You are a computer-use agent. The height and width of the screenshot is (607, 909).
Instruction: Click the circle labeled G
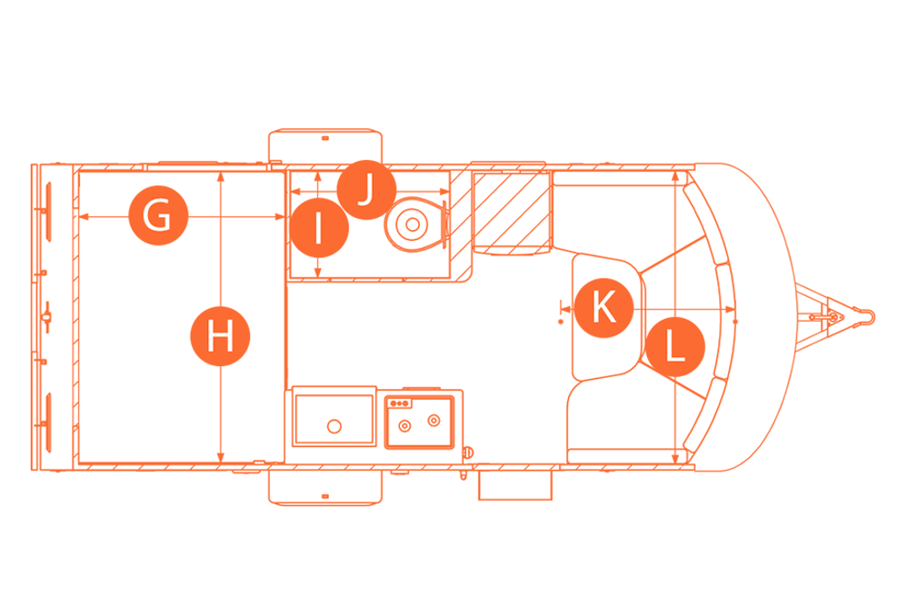(x=158, y=215)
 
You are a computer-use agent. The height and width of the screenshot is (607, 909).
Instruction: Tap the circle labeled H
(x=220, y=336)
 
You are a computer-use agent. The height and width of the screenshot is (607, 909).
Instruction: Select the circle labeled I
(x=319, y=228)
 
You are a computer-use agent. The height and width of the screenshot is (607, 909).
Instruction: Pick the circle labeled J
(x=366, y=190)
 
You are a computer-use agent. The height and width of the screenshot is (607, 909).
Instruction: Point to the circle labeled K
(x=604, y=307)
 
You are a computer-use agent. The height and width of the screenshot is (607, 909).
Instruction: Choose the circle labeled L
(x=674, y=347)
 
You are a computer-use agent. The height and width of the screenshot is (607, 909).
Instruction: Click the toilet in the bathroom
(x=416, y=224)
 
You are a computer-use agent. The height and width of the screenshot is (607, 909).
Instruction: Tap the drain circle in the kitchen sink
(x=334, y=426)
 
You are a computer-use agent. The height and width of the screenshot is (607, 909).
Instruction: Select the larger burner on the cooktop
(x=433, y=420)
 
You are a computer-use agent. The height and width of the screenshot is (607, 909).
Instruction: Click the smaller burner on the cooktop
(x=405, y=427)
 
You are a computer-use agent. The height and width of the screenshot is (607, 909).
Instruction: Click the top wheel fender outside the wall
(x=325, y=146)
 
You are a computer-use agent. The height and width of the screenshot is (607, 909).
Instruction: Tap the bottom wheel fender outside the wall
(x=325, y=488)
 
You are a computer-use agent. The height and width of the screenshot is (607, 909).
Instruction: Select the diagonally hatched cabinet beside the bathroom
(x=511, y=214)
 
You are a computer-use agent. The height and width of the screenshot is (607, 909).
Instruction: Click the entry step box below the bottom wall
(x=515, y=484)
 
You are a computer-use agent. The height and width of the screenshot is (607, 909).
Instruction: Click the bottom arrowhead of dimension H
(x=220, y=458)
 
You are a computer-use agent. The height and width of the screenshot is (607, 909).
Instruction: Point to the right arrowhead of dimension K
(x=731, y=310)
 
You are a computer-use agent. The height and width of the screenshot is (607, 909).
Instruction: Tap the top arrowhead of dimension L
(x=675, y=175)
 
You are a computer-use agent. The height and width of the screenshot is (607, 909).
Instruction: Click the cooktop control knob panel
(x=399, y=403)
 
